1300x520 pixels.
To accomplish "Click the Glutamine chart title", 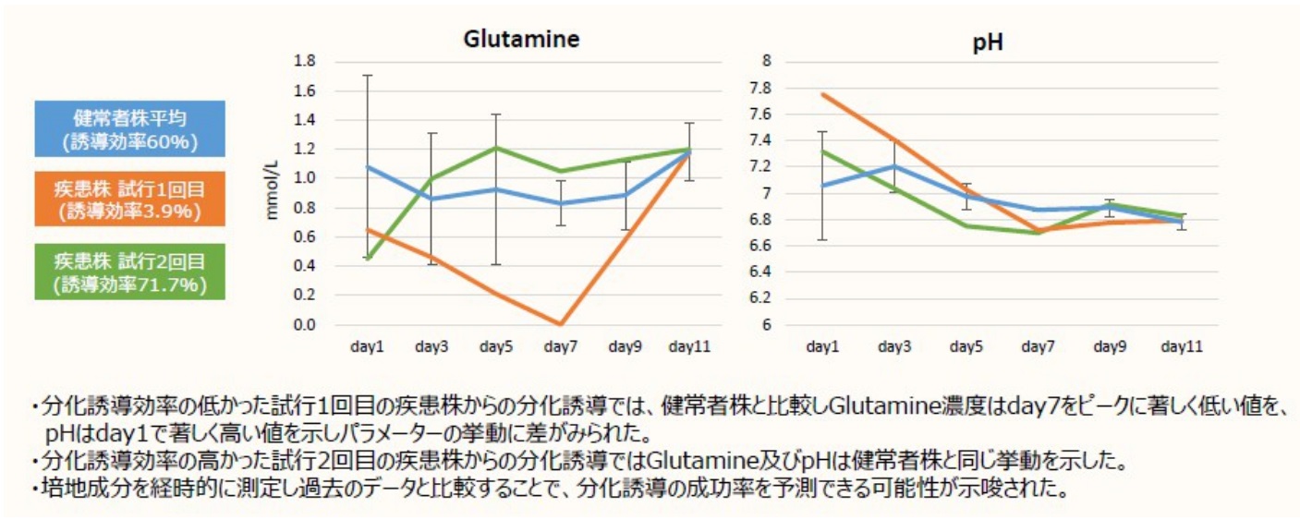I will click(x=522, y=40).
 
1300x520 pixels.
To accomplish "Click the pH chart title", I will click(x=988, y=42).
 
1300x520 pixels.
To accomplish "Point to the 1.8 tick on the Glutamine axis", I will click(x=303, y=62).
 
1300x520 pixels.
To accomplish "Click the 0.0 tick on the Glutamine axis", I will click(x=303, y=325).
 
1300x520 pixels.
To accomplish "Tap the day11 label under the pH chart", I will click(x=1182, y=348).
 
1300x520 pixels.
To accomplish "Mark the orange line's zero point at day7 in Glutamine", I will click(x=561, y=324).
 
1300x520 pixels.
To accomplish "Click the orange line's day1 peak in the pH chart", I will click(x=823, y=94).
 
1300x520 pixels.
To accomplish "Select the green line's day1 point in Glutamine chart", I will click(x=368, y=259).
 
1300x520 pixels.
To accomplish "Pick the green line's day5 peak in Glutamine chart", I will click(x=496, y=148).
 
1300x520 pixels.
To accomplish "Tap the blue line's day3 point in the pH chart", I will click(x=894, y=166).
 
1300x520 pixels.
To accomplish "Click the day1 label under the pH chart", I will click(x=822, y=348).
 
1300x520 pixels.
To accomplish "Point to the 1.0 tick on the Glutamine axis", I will click(x=303, y=178).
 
